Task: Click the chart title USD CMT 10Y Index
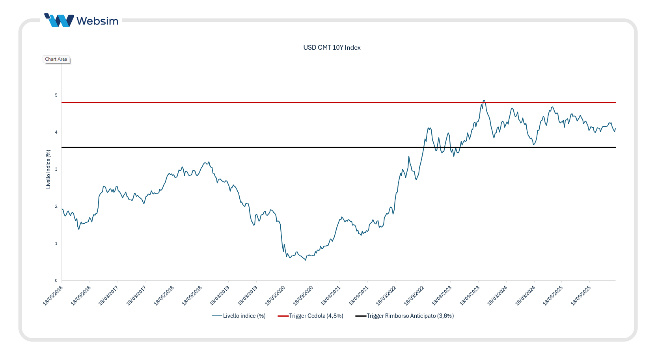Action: point(332,48)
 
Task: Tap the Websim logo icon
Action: point(59,21)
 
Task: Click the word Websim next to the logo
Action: point(97,21)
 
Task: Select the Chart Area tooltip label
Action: point(56,59)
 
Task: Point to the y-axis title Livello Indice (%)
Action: point(48,169)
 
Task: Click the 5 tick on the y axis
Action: point(56,95)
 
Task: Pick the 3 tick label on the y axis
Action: point(56,169)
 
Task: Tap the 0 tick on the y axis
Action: point(56,280)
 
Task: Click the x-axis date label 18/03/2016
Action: point(53,296)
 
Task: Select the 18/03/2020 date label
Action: point(275,296)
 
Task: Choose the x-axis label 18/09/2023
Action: point(470,296)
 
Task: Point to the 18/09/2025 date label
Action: point(581,296)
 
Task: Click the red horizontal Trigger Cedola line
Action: point(276,103)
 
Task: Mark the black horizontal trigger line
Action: point(276,147)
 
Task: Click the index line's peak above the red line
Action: point(484,101)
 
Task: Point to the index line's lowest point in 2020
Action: point(306,260)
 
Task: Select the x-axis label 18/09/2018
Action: point(192,296)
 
